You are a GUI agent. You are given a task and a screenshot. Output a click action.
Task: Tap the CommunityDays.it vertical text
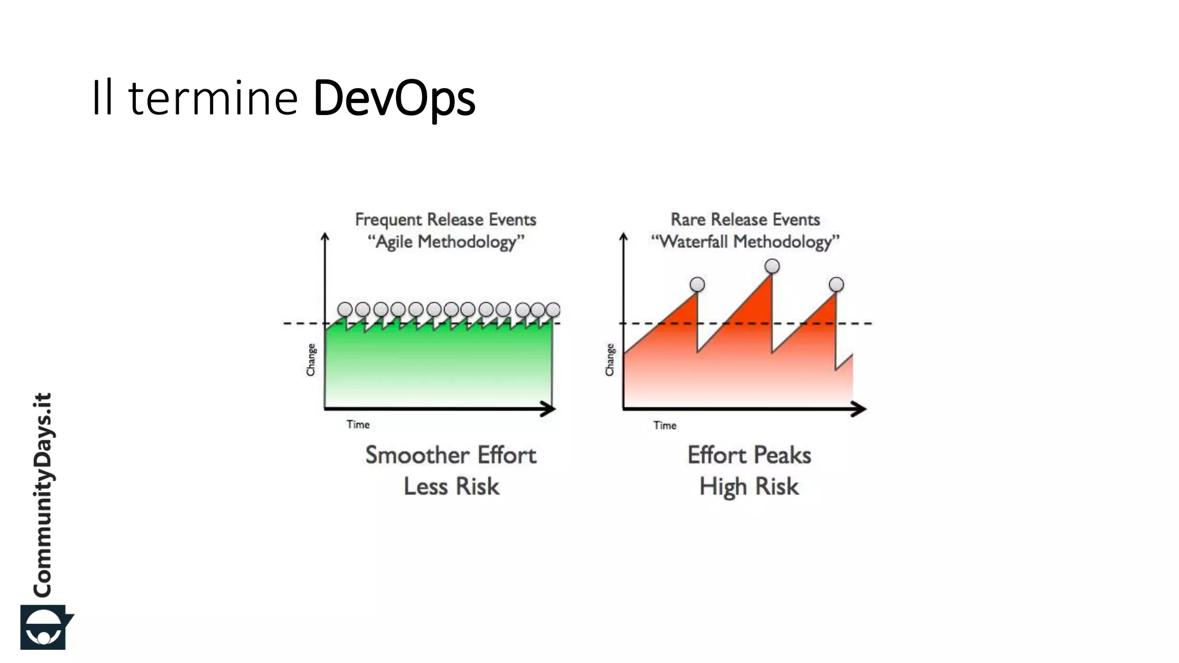click(43, 495)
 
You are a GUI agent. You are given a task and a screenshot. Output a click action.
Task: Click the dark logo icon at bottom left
click(45, 627)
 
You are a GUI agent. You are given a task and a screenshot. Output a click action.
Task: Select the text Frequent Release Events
click(445, 219)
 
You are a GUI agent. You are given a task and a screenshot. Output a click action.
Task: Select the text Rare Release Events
click(745, 219)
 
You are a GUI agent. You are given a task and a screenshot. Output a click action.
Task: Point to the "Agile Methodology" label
click(446, 242)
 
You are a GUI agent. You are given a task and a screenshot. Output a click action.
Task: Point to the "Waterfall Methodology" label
click(745, 242)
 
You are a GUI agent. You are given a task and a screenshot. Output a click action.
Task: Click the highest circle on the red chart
click(772, 266)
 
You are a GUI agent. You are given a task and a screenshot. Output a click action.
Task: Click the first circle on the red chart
click(697, 284)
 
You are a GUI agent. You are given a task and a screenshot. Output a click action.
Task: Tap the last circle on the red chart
click(836, 284)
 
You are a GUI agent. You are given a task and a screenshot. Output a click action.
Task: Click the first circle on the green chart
click(345, 310)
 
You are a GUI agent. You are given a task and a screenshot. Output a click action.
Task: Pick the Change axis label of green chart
click(311, 360)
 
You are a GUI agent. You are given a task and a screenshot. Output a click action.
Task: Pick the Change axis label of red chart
click(610, 360)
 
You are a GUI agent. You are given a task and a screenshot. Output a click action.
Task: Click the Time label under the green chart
click(357, 425)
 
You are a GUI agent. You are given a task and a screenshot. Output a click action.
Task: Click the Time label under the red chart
click(664, 425)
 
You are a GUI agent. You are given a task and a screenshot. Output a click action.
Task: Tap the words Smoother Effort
click(451, 455)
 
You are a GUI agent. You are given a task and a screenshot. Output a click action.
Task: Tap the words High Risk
click(748, 486)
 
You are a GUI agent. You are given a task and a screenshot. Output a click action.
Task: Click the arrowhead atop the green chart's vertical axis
click(325, 236)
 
